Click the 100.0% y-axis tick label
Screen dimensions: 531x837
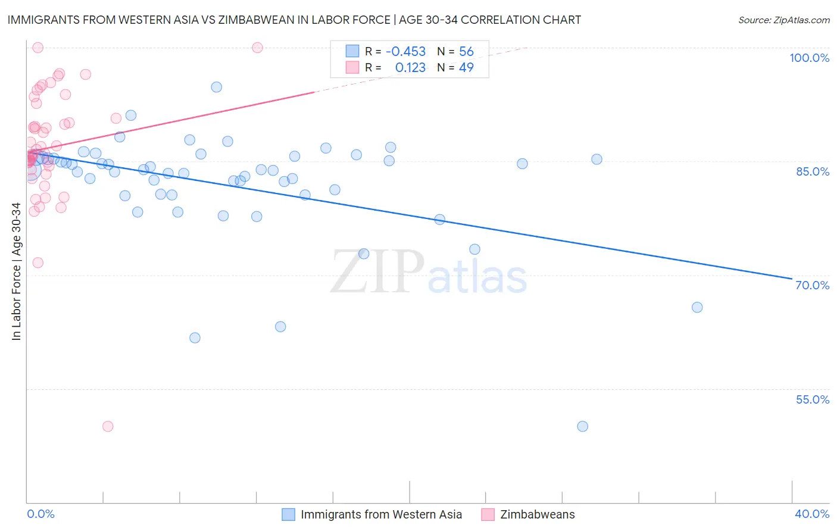click(x=809, y=58)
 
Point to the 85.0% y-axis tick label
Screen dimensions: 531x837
click(x=813, y=171)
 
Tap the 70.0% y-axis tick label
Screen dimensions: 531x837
click(x=813, y=285)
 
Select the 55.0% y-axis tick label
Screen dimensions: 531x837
click(x=813, y=399)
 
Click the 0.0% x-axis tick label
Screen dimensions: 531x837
click(x=40, y=514)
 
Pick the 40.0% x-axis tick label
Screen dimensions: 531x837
click(x=812, y=514)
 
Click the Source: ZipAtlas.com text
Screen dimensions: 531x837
click(x=783, y=20)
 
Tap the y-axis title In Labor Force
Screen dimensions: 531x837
click(x=16, y=271)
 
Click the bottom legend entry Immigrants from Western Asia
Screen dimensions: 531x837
click(x=381, y=515)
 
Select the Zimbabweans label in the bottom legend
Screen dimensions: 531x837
click(x=537, y=515)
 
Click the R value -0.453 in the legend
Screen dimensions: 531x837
click(x=405, y=52)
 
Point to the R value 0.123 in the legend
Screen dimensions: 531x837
click(x=410, y=68)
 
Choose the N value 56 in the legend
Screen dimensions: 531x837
click(x=466, y=52)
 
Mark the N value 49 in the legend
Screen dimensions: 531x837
click(x=466, y=68)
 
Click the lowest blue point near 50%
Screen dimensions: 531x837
click(x=582, y=426)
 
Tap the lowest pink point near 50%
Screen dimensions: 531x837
click(x=108, y=426)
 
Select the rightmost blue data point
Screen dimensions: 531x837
click(x=697, y=307)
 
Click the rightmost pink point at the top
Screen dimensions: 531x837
click(x=257, y=48)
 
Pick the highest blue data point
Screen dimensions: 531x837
click(x=216, y=87)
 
